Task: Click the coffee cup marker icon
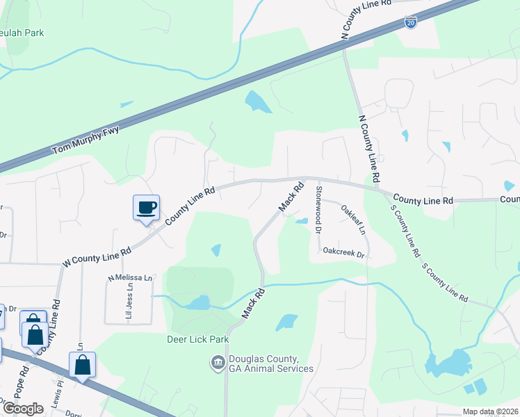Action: pos(146,207)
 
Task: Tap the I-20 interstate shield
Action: pos(412,23)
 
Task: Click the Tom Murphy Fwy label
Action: pos(86,140)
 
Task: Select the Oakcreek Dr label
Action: pos(344,254)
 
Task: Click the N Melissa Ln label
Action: pos(129,278)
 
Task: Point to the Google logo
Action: pos(22,408)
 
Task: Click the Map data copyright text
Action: pos(490,411)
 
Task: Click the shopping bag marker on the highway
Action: pos(82,365)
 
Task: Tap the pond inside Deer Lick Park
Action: pos(198,302)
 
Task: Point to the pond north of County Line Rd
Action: pos(258,103)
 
